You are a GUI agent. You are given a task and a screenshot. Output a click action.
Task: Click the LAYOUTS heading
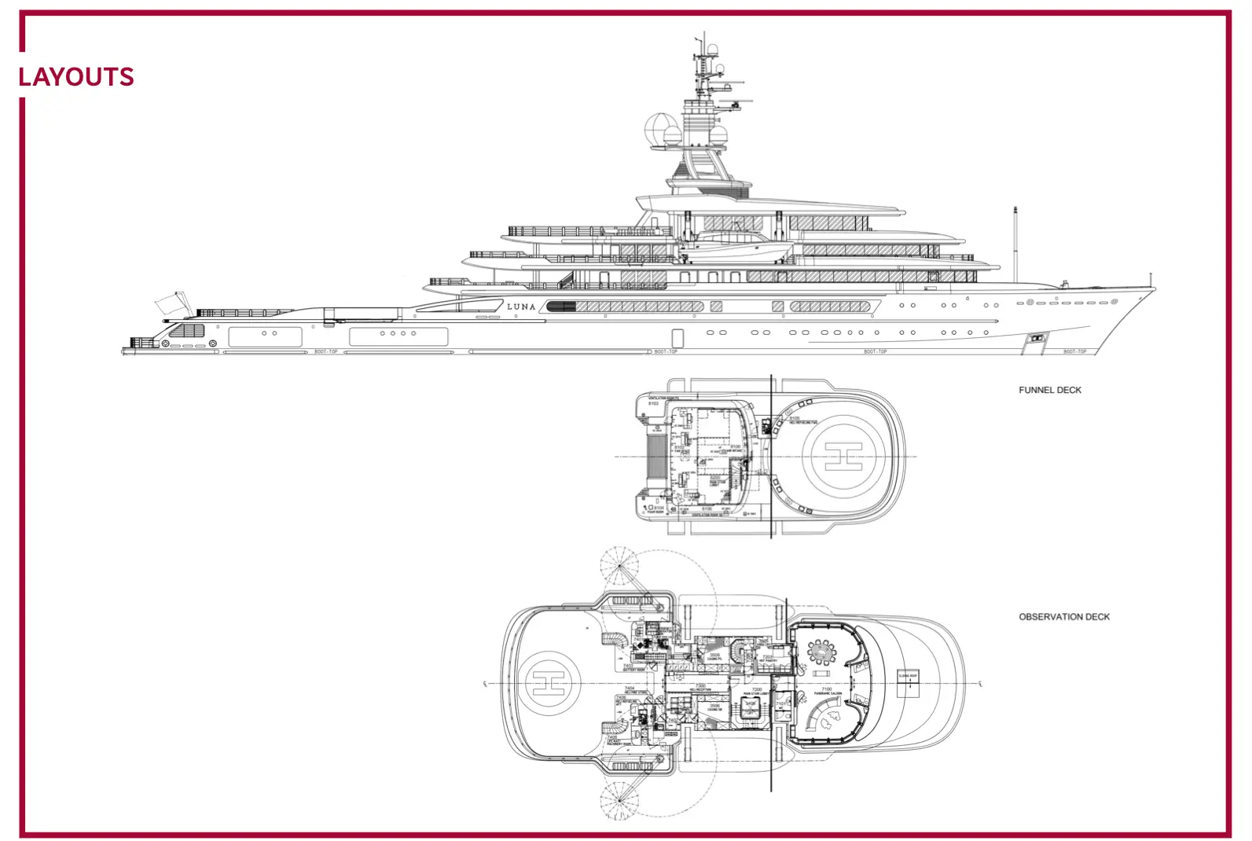point(76,77)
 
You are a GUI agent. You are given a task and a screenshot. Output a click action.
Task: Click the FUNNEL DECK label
point(1049,390)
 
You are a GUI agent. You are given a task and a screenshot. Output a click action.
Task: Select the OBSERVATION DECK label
point(1063,617)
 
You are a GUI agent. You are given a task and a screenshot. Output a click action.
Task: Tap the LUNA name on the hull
point(521,307)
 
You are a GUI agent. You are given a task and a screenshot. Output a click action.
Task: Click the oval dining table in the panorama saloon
point(822,652)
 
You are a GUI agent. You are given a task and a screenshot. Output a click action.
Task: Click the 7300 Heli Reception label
point(699,687)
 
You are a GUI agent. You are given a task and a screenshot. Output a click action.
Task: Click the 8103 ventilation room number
point(653,403)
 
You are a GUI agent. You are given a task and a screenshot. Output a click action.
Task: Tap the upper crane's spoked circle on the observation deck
point(621,569)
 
